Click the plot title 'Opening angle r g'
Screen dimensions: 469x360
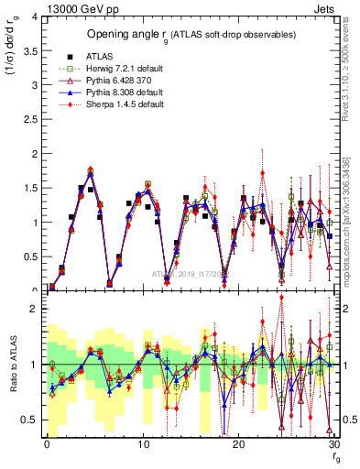(x=188, y=35)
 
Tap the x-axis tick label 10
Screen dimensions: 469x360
(x=142, y=444)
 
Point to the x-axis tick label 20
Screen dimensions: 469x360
(x=237, y=444)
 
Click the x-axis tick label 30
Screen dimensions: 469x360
(x=333, y=444)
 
